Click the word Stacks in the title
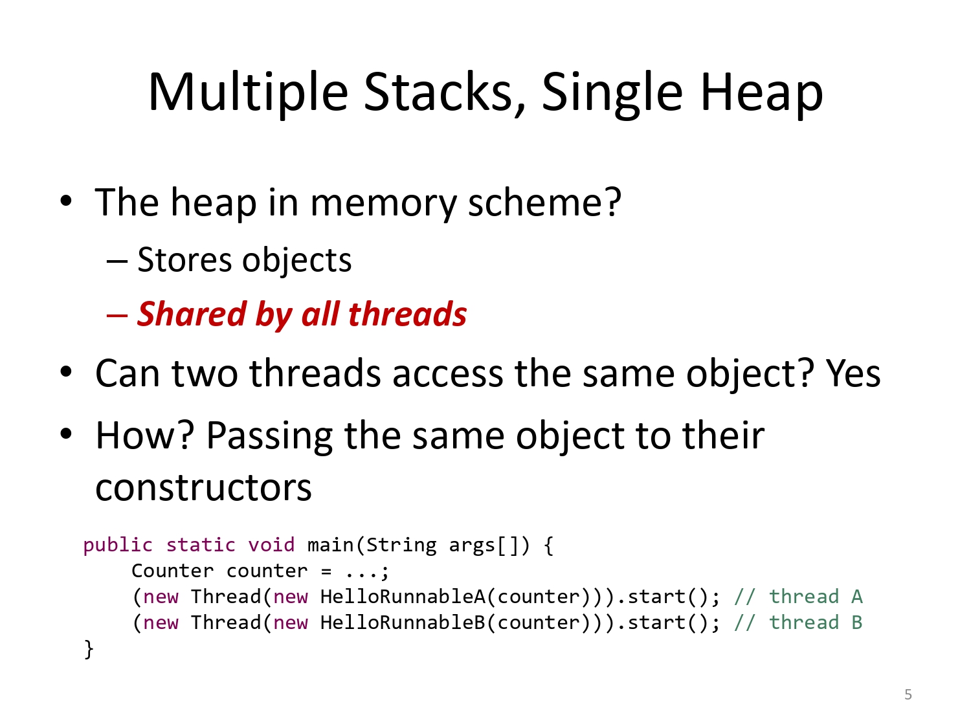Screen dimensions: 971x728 tap(445, 92)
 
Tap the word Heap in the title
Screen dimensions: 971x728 tap(761, 92)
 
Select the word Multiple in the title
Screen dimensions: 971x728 tap(249, 92)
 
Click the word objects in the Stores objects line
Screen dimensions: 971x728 tap(297, 261)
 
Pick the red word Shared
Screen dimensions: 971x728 tap(192, 314)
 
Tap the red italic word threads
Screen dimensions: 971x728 tap(407, 314)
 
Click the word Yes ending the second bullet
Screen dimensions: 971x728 tap(853, 373)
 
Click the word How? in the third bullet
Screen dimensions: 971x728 tap(145, 435)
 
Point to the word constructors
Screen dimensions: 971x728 tap(203, 489)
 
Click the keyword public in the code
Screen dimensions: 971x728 tap(118, 546)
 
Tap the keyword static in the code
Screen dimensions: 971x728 tap(201, 545)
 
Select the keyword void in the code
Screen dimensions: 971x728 tap(271, 545)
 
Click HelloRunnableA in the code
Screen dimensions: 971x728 tap(403, 597)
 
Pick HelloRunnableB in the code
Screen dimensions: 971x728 tap(403, 623)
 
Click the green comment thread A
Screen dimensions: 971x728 tap(798, 597)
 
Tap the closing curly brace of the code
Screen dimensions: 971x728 tap(89, 649)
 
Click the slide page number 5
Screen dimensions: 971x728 tap(908, 694)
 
